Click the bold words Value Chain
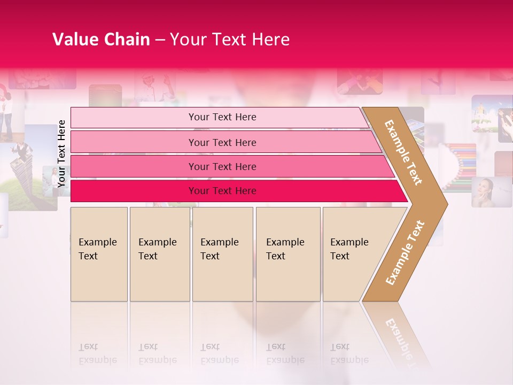(x=101, y=40)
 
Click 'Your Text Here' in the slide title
(x=230, y=40)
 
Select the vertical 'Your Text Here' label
(x=61, y=153)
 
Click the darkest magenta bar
(x=134, y=191)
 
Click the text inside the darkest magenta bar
(x=222, y=191)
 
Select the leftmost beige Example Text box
(x=99, y=253)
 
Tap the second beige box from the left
(x=159, y=253)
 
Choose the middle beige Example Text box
(x=222, y=253)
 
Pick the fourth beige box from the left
(x=288, y=253)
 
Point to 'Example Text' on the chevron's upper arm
(x=403, y=152)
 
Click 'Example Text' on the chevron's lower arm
(x=405, y=253)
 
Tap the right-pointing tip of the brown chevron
(x=444, y=204)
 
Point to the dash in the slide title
(x=160, y=40)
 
